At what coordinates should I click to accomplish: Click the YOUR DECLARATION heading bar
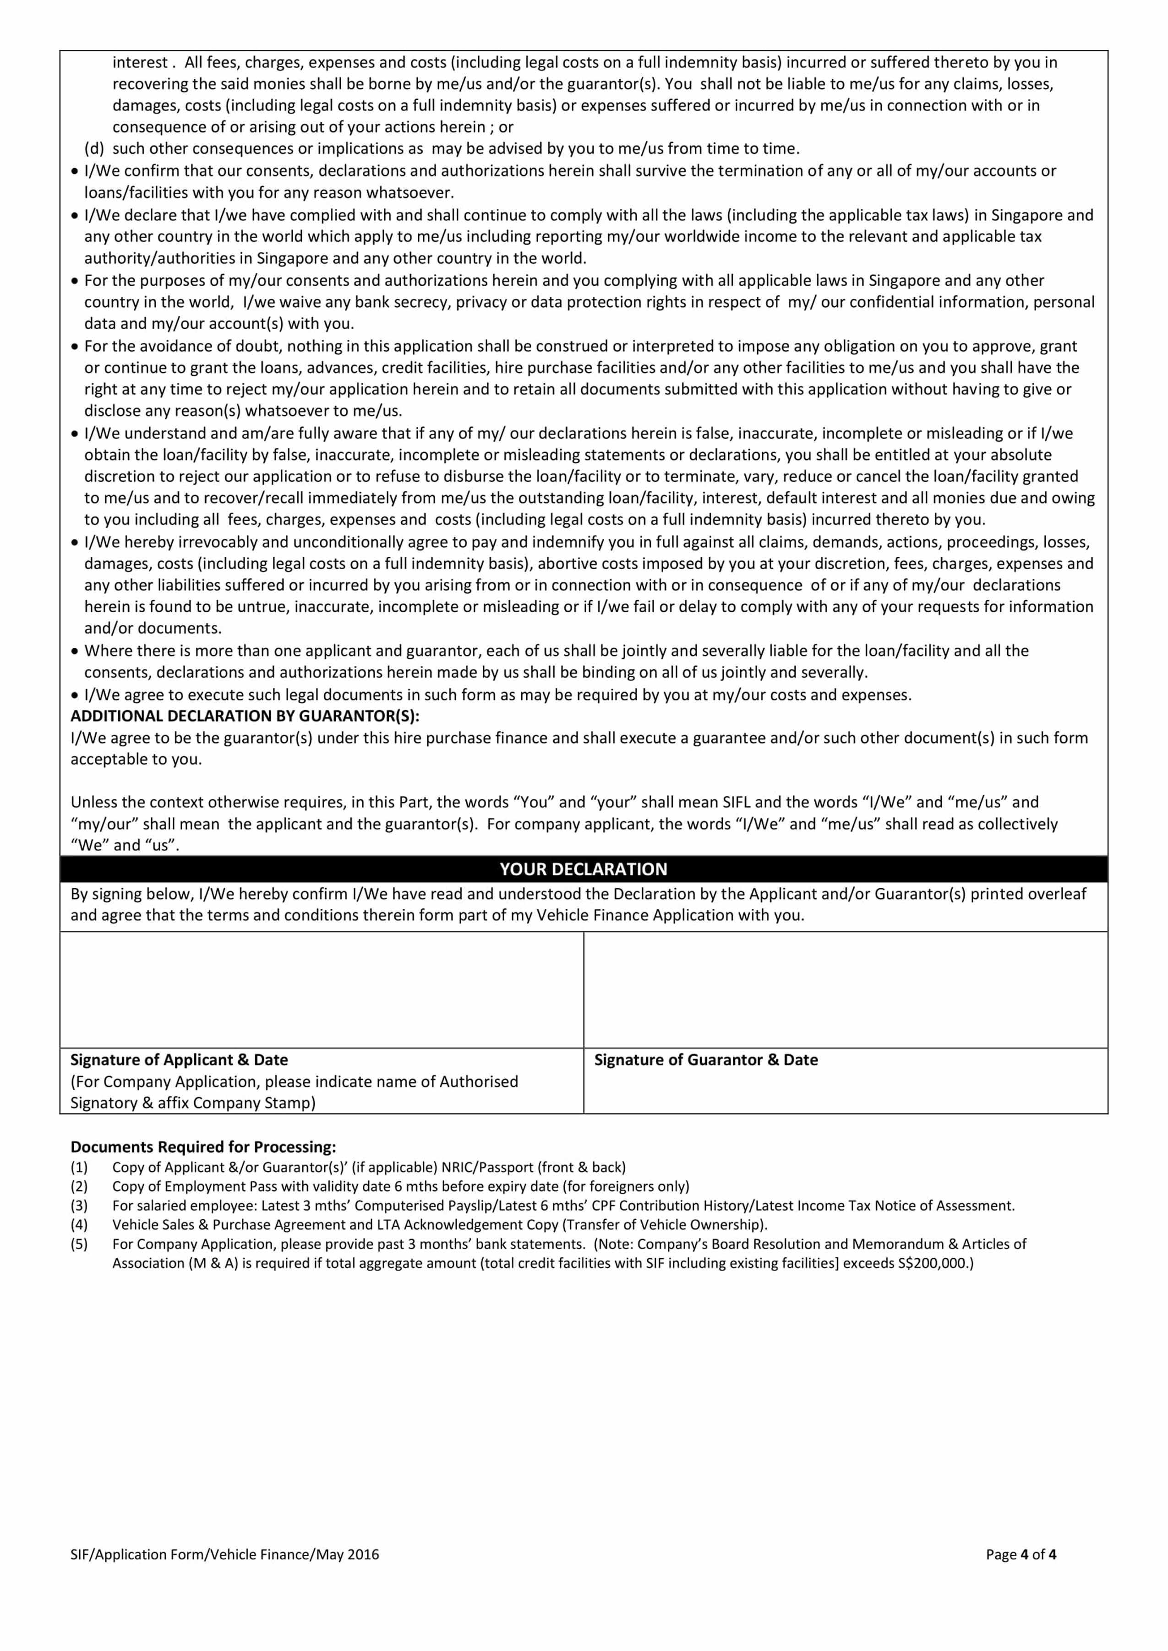point(583,869)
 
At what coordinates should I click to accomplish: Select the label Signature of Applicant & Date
point(179,1060)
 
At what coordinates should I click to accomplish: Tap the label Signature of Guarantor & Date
point(705,1060)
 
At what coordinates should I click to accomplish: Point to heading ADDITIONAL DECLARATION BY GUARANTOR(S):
point(245,716)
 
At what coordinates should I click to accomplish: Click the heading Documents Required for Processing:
point(203,1147)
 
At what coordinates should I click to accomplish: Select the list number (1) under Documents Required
point(79,1167)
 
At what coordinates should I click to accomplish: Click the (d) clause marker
point(94,149)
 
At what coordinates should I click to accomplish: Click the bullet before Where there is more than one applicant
point(75,652)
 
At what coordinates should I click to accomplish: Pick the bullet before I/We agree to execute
point(75,695)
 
